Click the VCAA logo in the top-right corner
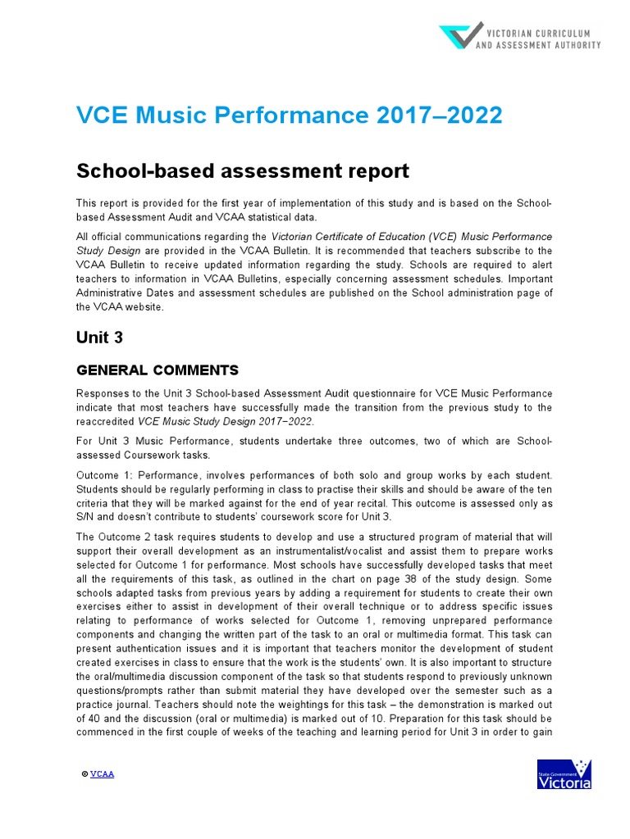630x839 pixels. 519,36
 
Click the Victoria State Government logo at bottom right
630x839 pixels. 564,774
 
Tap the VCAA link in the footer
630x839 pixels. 103,774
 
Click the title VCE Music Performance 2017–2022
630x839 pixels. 289,116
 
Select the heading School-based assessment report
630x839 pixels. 242,171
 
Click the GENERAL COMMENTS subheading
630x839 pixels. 157,370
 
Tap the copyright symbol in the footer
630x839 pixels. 84,774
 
